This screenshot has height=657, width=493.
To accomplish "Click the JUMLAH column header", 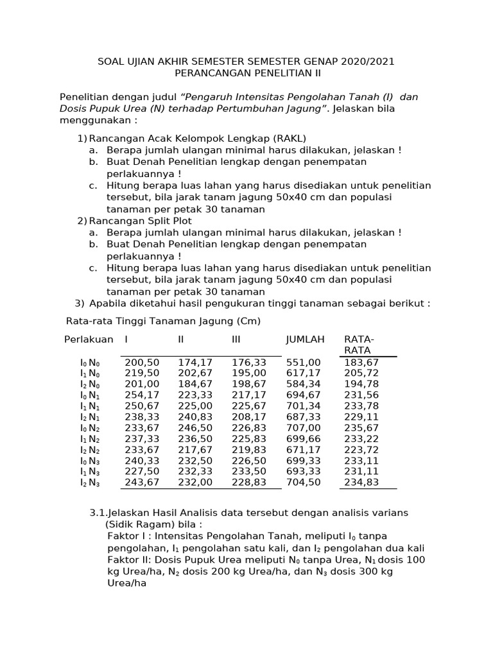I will [x=305, y=339].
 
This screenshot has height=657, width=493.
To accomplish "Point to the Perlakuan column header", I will [x=89, y=339].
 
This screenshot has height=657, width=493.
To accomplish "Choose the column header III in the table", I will [x=236, y=339].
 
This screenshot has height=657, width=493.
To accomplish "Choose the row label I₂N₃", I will [x=90, y=482].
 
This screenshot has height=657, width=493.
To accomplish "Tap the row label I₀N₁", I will [x=90, y=396].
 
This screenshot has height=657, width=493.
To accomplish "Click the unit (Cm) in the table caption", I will [x=248, y=320].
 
